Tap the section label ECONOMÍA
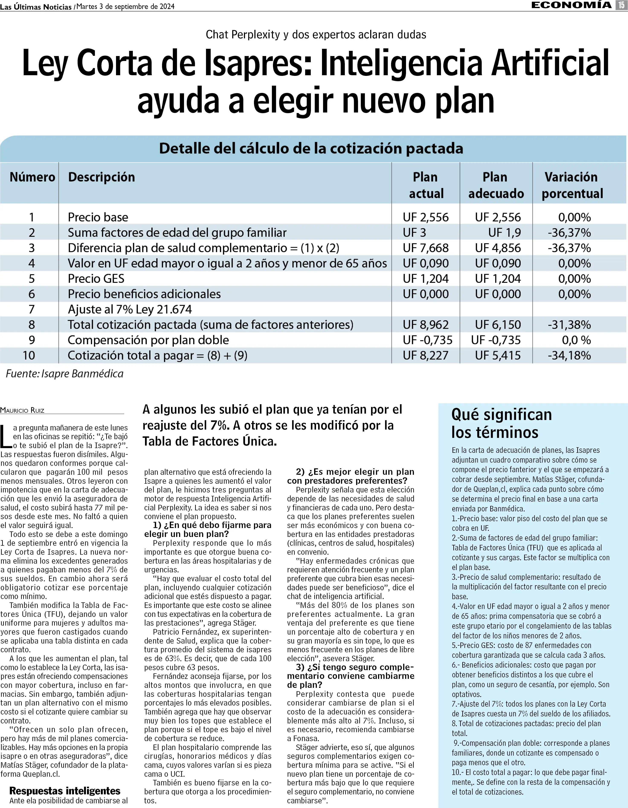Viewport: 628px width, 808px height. (x=571, y=5)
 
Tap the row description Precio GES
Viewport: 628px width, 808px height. (x=96, y=278)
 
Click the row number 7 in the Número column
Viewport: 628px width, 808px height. (x=32, y=309)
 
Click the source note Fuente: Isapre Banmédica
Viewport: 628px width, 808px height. (x=64, y=374)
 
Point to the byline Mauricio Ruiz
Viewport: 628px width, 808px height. (x=22, y=410)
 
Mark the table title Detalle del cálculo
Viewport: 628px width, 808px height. (x=311, y=148)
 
